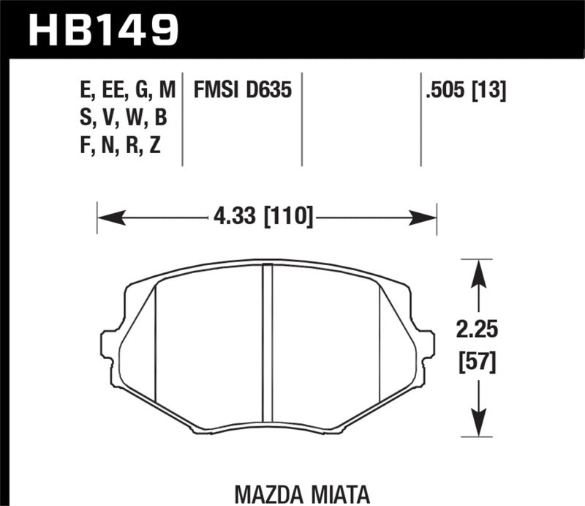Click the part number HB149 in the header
(102, 29)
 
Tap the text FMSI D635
(243, 91)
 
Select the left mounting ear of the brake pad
(110, 344)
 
